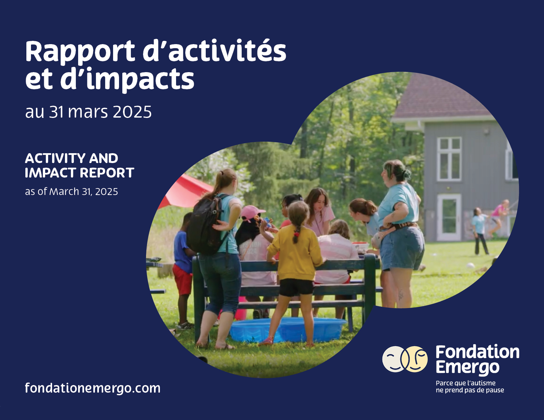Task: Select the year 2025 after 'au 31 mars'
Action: pyautogui.click(x=132, y=112)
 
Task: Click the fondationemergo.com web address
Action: pyautogui.click(x=93, y=388)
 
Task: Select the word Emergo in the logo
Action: pyautogui.click(x=468, y=368)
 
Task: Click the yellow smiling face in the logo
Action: pyautogui.click(x=415, y=359)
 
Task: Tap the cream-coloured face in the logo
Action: pyautogui.click(x=394, y=359)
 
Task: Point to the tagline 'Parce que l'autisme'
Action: pyautogui.click(x=466, y=383)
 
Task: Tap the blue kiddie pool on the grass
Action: pyautogui.click(x=287, y=330)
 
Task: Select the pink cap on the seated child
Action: pyautogui.click(x=252, y=212)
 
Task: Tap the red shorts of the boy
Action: pyautogui.click(x=182, y=279)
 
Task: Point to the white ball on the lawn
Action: pyautogui.click(x=470, y=266)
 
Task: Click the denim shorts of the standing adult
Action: pyautogui.click(x=402, y=248)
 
